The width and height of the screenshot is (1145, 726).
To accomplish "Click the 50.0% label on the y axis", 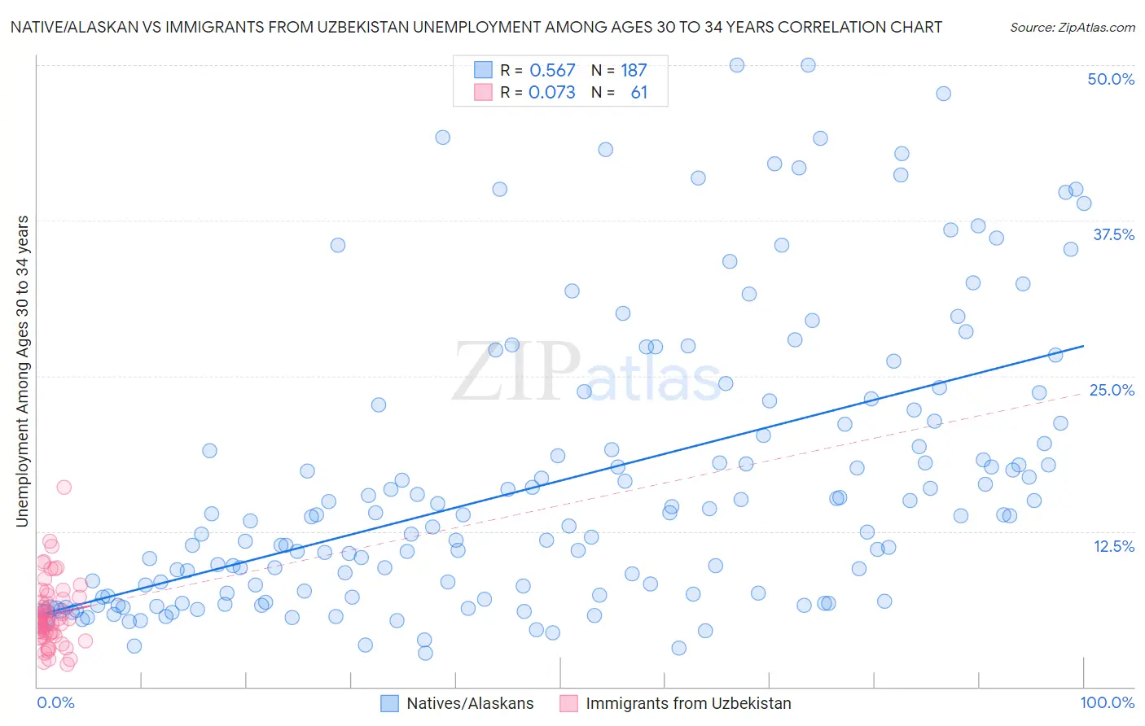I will pos(1111,79).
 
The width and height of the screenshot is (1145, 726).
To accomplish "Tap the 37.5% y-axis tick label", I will pos(1113,234).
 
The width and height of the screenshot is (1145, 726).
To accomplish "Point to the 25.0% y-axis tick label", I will pos(1112,390).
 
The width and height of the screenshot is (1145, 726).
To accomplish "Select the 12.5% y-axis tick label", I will pos(1113,546).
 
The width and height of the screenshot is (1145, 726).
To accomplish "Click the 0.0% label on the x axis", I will pos(55,702).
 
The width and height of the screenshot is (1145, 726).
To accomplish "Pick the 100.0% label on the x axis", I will pos(1107,702).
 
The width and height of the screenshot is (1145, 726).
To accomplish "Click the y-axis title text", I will pos(22,371).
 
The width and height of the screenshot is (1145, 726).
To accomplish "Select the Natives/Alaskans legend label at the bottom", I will pos(470,703).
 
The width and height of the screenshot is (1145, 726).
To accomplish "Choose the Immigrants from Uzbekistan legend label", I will pos(688,703).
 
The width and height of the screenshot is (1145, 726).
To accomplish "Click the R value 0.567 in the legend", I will pos(552,71).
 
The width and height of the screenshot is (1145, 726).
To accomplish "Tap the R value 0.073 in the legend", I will pos(551,93).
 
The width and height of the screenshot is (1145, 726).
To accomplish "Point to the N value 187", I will pos(634,71).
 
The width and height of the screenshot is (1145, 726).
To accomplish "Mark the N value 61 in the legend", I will pos(638,93).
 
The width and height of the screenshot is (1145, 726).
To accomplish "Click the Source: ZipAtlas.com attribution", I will pos(1072,27).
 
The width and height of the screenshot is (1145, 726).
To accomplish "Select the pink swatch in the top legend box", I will pos(483,92).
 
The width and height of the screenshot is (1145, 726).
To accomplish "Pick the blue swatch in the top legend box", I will pos(483,70).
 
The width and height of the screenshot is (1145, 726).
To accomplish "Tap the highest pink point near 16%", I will pos(64,487).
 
